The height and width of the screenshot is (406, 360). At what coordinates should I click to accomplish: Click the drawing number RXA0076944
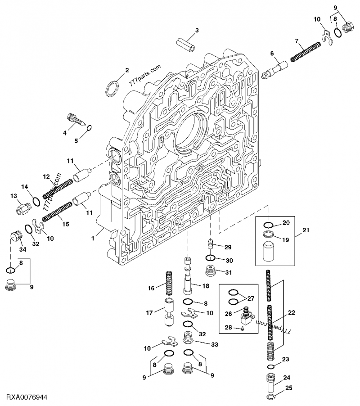27,397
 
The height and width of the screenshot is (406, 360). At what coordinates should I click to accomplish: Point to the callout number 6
272,54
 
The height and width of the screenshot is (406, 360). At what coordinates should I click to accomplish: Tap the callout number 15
66,223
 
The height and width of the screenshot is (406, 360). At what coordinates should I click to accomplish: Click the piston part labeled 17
169,312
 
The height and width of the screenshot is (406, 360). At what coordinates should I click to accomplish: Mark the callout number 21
306,231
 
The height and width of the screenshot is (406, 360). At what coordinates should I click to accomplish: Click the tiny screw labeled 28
242,329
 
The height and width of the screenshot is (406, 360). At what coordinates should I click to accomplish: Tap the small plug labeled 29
210,245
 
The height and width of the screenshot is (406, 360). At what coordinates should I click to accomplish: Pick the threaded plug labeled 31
210,271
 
